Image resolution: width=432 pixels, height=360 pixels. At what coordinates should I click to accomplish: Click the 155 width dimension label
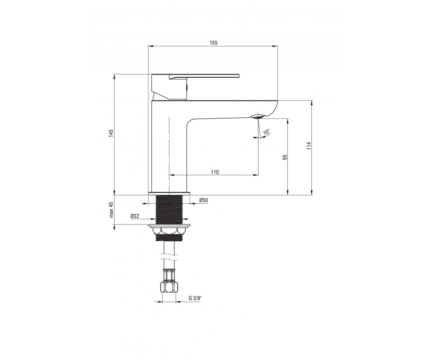213,42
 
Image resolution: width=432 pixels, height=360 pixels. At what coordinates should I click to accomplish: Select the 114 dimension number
309,146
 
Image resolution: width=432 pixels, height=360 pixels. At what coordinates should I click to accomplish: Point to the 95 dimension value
285,157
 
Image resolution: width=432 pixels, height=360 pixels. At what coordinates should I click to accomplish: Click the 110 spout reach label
215,172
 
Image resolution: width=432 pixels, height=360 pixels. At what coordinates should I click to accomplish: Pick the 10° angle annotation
266,132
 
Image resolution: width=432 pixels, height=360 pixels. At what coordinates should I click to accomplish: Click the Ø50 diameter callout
203,200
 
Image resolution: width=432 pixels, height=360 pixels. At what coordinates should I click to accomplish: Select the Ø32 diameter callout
135,216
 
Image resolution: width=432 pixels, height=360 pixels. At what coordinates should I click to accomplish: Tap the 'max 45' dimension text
112,210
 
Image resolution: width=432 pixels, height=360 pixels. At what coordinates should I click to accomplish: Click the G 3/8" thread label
195,298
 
